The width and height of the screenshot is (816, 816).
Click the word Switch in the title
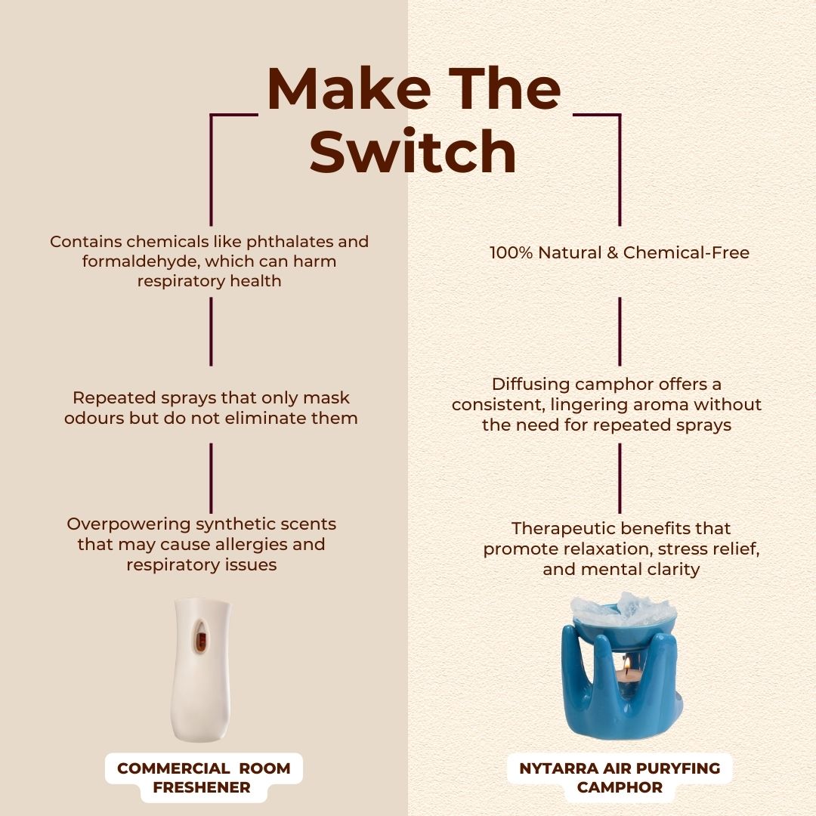pos(413,151)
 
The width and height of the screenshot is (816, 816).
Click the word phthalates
pos(289,242)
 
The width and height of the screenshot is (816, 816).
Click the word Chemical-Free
pos(686,253)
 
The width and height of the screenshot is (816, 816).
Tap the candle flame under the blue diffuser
pos(627,663)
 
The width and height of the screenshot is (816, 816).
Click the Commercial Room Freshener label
pos(203,777)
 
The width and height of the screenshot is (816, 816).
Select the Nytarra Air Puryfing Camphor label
pos(620,777)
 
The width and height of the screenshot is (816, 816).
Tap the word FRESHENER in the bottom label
pos(202,787)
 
